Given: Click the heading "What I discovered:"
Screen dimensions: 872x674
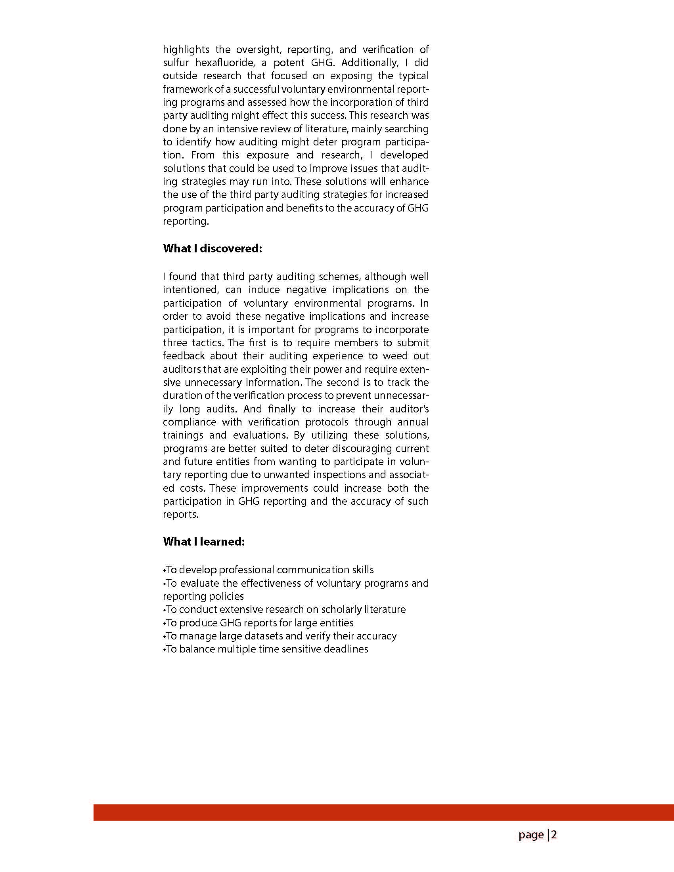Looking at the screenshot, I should pos(213,248).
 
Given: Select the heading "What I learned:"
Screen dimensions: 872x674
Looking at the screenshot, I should pos(204,542).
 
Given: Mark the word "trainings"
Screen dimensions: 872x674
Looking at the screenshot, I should pos(182,435).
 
